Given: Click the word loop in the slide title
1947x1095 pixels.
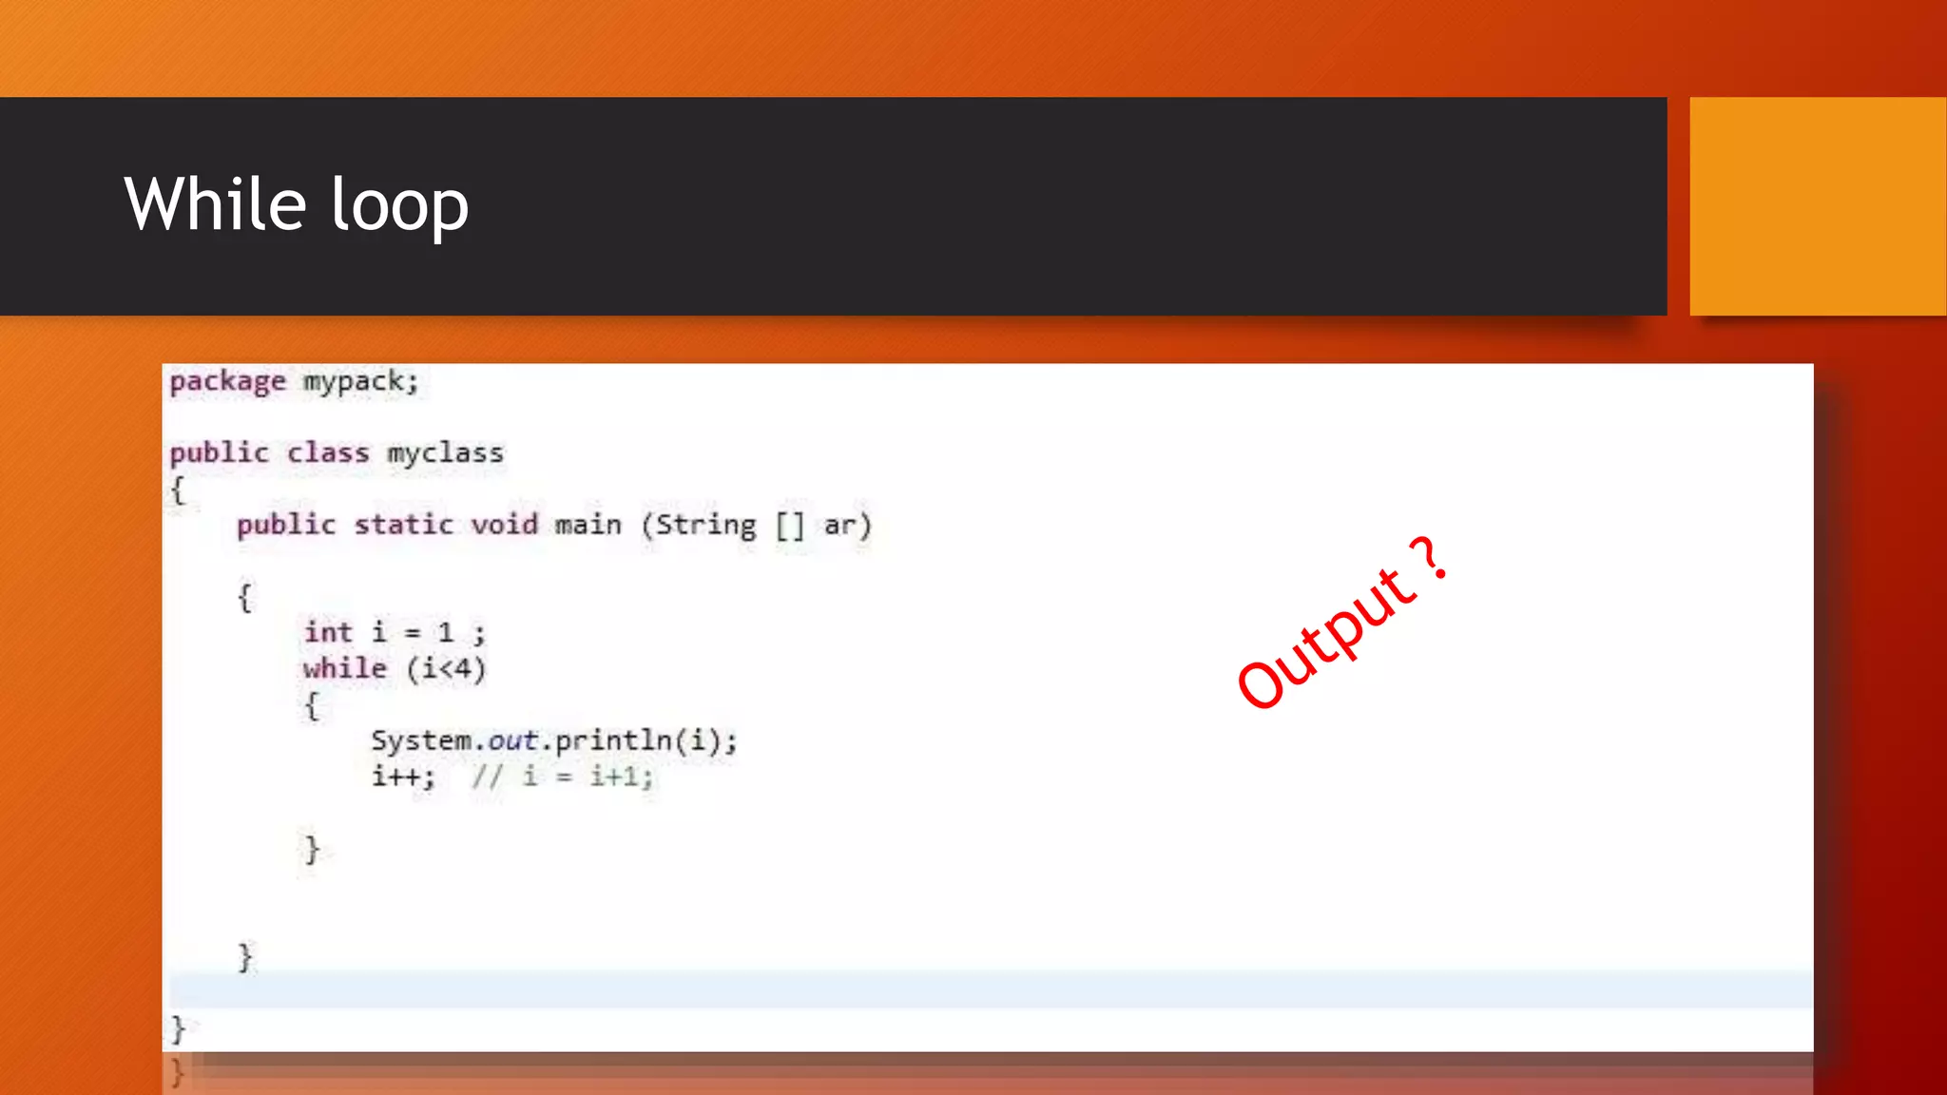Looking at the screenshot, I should coord(400,206).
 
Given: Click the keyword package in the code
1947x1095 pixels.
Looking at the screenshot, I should coord(227,382).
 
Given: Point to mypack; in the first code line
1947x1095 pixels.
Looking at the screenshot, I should coord(360,382).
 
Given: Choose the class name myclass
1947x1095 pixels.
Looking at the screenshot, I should coord(445,453).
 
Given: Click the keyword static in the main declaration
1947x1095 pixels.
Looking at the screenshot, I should coord(403,525).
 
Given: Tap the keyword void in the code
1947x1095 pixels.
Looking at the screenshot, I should coord(504,525).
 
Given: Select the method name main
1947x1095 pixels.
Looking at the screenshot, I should coord(588,525).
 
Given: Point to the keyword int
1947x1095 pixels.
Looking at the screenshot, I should coord(328,632).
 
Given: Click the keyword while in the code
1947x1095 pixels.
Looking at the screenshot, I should coord(344,668).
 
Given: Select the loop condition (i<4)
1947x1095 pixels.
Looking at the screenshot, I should coord(446,669).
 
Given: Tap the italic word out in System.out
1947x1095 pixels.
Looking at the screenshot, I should coord(512,740).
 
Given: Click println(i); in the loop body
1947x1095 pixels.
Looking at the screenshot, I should coord(646,740).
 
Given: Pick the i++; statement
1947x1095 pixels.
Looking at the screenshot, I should coord(403,777).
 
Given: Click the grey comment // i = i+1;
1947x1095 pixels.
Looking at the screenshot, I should coord(563,778).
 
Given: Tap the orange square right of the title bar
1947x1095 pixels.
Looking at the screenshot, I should coord(1817,205).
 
